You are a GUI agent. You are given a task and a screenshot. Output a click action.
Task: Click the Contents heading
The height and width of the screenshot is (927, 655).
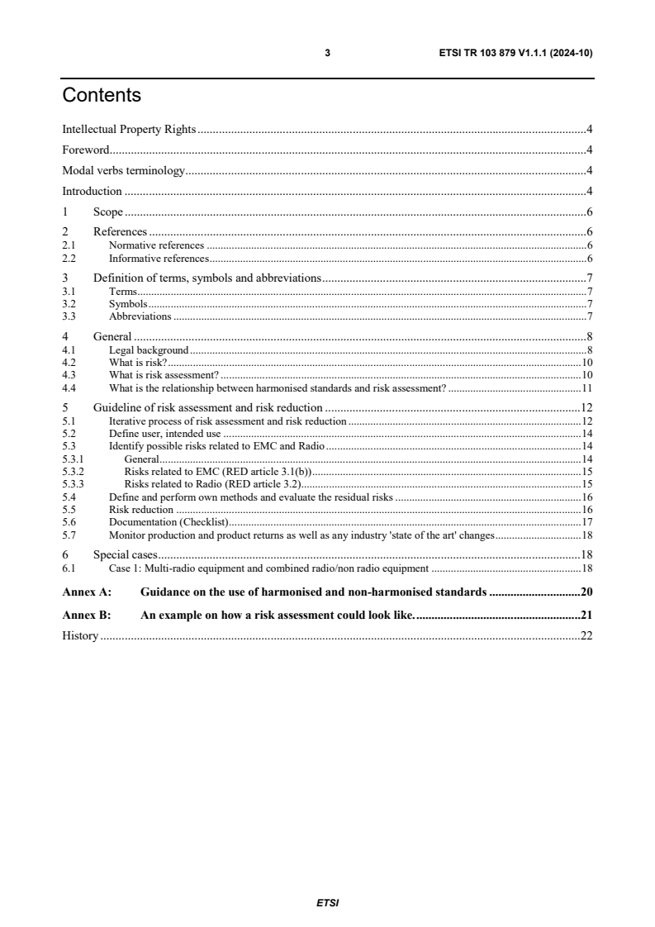102,96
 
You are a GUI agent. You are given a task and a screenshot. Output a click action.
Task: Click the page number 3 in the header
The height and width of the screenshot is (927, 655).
328,53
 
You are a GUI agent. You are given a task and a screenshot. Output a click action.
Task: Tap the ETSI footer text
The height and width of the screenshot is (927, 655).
328,902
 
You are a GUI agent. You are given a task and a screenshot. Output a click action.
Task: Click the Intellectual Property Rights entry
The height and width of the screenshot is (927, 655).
129,129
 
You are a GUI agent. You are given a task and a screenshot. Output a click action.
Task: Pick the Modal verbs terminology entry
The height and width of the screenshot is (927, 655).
124,171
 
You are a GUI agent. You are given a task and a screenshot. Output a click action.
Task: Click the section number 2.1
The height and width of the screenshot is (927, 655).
69,245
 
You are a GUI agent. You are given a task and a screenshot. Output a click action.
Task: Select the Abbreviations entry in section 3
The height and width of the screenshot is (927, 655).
140,316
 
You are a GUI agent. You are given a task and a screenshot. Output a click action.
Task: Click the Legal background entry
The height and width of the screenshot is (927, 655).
149,350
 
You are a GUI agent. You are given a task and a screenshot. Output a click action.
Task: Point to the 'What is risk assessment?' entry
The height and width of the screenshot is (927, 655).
164,375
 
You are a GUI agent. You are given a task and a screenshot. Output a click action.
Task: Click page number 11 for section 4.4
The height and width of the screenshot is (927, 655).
587,387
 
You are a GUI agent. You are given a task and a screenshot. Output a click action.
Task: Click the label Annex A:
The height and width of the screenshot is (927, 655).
87,592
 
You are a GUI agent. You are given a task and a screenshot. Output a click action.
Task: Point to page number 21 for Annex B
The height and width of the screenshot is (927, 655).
586,615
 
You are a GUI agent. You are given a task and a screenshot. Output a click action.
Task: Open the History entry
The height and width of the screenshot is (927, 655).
80,635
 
